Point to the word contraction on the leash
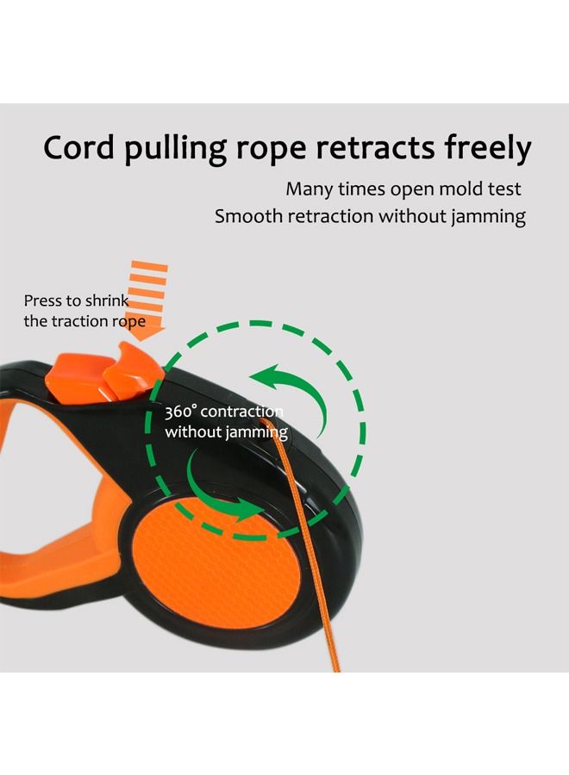click(244, 412)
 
